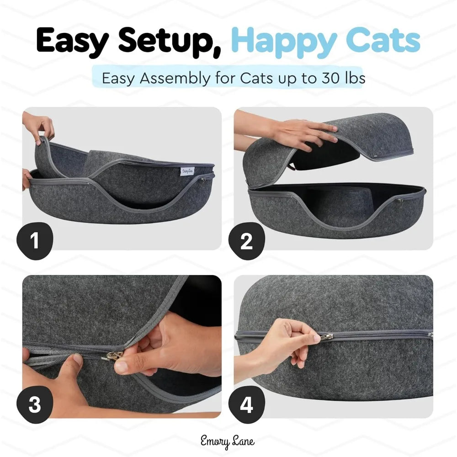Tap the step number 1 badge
point(35,240)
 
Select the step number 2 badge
point(246,240)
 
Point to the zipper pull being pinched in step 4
point(326,337)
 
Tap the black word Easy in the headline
point(73,41)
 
